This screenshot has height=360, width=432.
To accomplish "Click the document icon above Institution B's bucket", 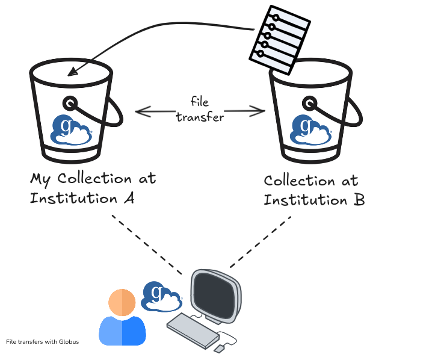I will (279, 37).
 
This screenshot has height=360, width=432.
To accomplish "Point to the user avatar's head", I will (122, 303).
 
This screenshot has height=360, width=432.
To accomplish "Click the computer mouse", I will (220, 348).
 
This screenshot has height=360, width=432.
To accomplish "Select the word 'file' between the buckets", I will (200, 102).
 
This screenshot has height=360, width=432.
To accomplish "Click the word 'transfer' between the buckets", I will (200, 117).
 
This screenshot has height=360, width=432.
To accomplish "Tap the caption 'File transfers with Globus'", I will (42, 342).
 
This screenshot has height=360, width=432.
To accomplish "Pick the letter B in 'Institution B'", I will (358, 200).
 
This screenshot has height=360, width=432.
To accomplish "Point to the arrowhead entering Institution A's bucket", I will (72, 72).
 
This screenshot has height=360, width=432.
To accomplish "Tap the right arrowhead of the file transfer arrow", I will (260, 110).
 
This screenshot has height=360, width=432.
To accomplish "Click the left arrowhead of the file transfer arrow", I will (140, 111).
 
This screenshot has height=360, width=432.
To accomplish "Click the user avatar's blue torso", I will (122, 331).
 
